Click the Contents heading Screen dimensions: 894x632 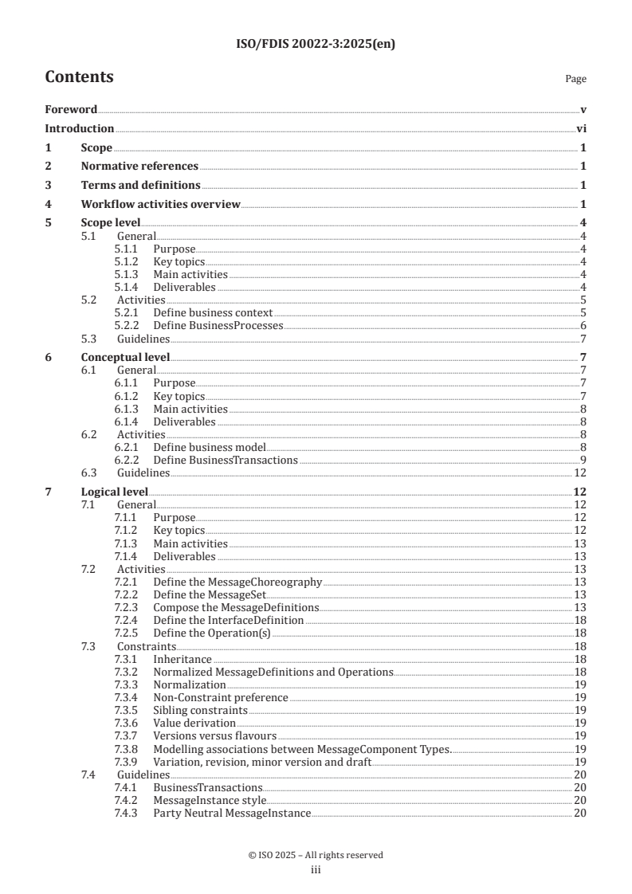tap(79, 77)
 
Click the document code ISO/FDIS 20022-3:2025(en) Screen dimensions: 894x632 tap(316, 45)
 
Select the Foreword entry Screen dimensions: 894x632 tap(71, 109)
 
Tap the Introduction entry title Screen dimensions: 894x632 tap(79, 128)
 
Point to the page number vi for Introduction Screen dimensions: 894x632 tap(581, 128)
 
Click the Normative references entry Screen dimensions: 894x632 tap(139, 167)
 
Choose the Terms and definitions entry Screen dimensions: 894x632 tap(140, 186)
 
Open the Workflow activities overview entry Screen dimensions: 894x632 tap(160, 205)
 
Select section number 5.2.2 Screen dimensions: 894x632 tap(127, 326)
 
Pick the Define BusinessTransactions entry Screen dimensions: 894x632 tap(226, 460)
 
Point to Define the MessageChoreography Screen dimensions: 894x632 tap(237, 582)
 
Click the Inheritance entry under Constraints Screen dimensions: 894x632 tap(183, 659)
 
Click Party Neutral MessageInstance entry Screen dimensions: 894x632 tap(231, 812)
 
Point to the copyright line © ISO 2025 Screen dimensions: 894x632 tap(316, 855)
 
